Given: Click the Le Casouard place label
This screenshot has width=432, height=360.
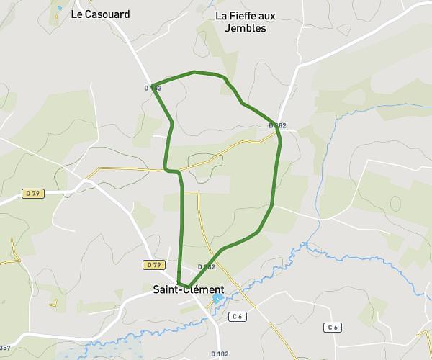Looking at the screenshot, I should point(100,14).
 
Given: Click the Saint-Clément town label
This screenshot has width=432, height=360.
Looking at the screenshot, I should point(189,289).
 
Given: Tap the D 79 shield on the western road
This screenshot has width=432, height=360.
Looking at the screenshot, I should point(32,193).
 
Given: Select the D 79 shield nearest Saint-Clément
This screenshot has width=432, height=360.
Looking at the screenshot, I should point(153,265).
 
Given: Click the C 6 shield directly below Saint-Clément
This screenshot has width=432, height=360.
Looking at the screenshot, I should point(238,317).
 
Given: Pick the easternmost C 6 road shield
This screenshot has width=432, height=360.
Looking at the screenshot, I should point(332,328).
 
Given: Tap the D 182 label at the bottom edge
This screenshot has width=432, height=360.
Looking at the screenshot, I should point(220,354).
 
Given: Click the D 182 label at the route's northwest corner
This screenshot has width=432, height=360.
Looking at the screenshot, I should point(153,88).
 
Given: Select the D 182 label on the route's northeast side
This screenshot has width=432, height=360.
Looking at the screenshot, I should point(278,125).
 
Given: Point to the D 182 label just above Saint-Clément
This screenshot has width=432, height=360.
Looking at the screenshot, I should point(206,266).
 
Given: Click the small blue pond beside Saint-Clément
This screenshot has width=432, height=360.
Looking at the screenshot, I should point(217,297).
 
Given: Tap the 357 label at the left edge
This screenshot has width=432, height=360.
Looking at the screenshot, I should point(4,348).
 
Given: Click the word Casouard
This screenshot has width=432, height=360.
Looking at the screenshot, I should point(107,14).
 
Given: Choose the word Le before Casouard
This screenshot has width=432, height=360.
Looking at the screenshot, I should point(77,14).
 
